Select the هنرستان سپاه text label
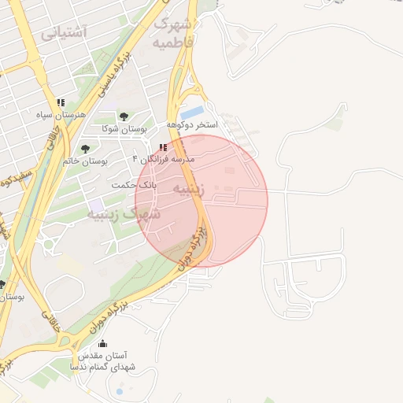pyautogui.click(x=60, y=115)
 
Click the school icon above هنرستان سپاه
pyautogui.click(x=61, y=103)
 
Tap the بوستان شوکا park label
pyautogui.click(x=121, y=128)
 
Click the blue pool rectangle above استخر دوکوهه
pyautogui.click(x=193, y=113)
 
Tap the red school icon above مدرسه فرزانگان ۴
pyautogui.click(x=163, y=147)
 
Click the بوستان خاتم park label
pyautogui.click(x=86, y=161)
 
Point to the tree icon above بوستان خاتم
pyautogui.click(x=85, y=149)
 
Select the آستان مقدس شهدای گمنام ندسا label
pyautogui.click(x=103, y=361)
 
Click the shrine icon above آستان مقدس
pyautogui.click(x=102, y=344)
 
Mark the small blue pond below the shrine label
pyautogui.click(x=120, y=390)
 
